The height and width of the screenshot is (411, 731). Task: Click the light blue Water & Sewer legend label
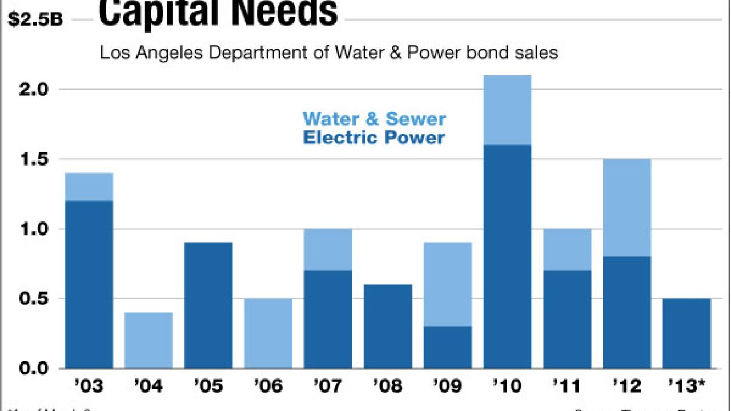tap(374, 119)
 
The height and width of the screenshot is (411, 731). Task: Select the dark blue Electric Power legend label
tap(374, 138)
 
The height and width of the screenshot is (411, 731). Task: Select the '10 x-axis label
tap(507, 386)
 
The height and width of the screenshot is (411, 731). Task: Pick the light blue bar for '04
tap(148, 340)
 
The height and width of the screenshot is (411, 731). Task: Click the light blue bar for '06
tap(268, 333)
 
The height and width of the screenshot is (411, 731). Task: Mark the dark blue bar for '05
tap(208, 305)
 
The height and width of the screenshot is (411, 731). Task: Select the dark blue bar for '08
tap(388, 326)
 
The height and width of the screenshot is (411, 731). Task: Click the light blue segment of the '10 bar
tap(507, 110)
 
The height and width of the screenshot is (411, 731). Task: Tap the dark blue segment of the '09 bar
tap(447, 347)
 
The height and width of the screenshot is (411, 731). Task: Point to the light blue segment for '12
tap(627, 208)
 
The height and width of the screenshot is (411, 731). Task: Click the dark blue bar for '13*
tap(687, 333)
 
